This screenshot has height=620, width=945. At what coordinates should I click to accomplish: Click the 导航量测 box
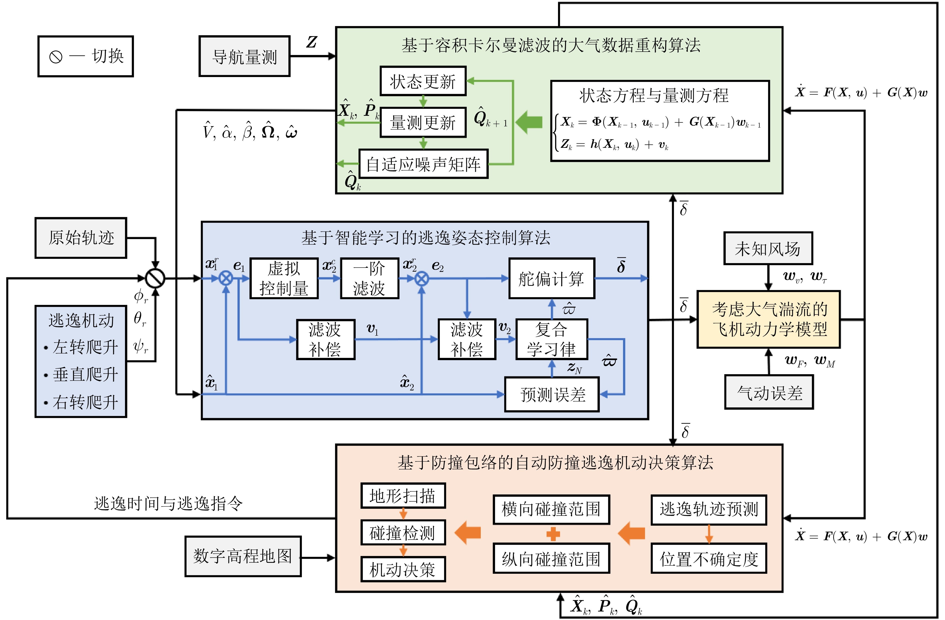tap(244, 57)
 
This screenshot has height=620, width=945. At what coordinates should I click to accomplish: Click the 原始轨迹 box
tap(81, 238)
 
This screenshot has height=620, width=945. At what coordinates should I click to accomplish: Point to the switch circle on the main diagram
tap(155, 278)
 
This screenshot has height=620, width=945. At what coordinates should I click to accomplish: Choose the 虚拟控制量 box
tap(284, 278)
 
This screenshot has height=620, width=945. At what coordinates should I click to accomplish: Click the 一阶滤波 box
tap(369, 278)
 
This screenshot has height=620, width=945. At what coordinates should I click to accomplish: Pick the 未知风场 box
tap(768, 248)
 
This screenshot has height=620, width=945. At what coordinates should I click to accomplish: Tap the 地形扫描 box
tap(403, 495)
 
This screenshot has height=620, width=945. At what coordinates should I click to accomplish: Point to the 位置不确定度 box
tap(709, 558)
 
